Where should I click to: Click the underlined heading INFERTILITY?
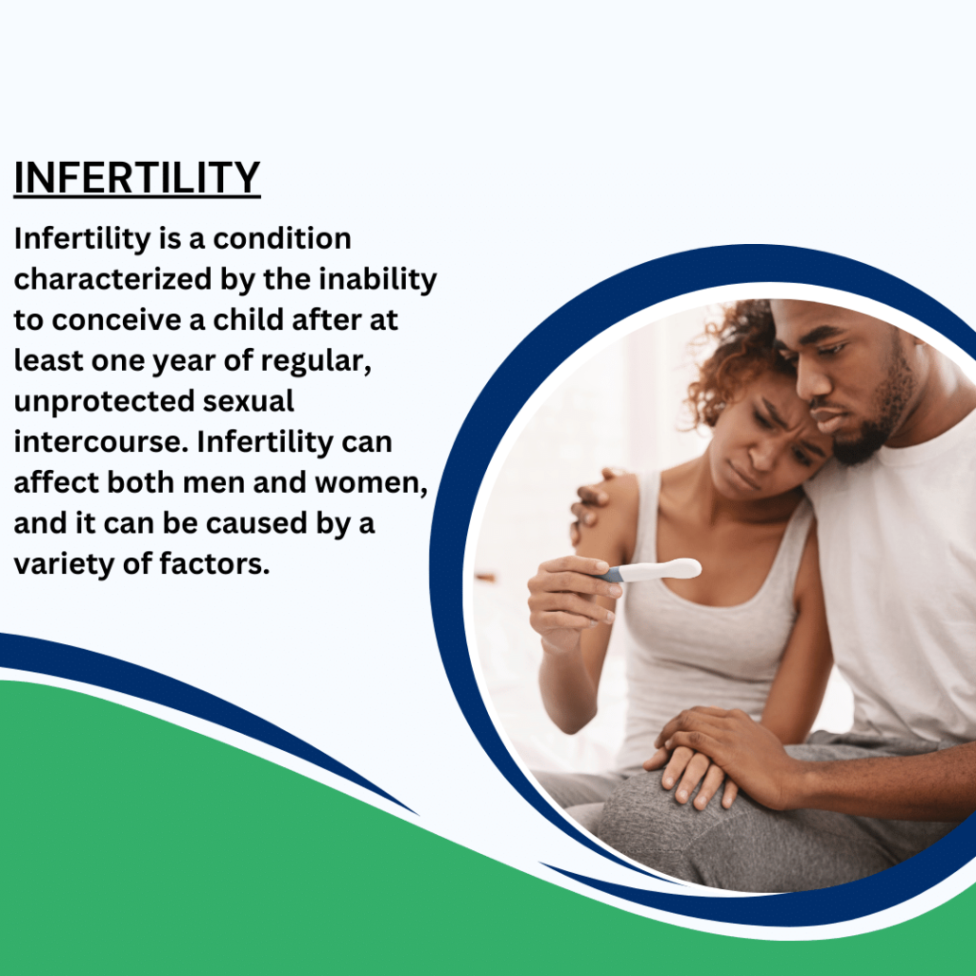(137, 178)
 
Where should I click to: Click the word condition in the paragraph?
(282, 238)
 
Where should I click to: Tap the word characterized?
(112, 279)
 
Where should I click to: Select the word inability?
(377, 279)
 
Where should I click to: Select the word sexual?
(249, 401)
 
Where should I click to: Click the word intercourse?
(101, 442)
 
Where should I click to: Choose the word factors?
(214, 564)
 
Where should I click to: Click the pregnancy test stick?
(651, 570)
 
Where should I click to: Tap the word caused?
(256, 523)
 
